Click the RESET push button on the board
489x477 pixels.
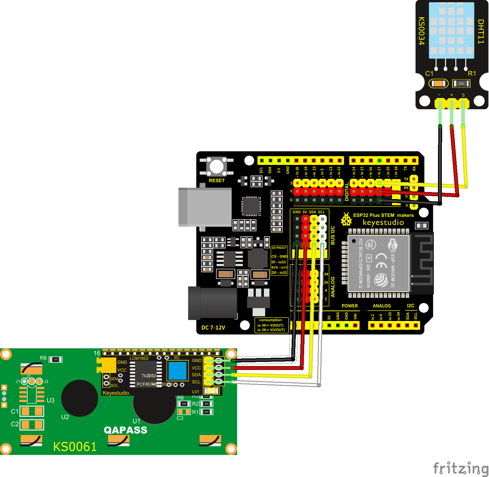(217, 167)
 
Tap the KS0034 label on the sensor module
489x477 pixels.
(422, 31)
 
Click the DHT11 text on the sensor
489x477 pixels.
(480, 31)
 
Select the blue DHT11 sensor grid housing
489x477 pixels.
(451, 30)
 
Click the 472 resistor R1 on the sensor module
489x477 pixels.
(461, 84)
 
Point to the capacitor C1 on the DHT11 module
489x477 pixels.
(438, 84)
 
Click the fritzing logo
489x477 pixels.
(461, 468)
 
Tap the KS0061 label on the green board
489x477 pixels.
(75, 447)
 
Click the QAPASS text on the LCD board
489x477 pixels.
(125, 430)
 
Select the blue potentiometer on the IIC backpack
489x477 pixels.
(177, 371)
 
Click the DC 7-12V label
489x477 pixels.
(213, 328)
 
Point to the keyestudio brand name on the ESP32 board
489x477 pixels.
(383, 222)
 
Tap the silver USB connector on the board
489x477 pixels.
(205, 207)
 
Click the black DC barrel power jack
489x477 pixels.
(213, 303)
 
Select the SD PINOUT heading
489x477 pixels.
(279, 248)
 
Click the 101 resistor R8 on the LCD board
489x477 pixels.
(56, 359)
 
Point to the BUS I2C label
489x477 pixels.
(332, 235)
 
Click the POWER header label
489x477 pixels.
(349, 306)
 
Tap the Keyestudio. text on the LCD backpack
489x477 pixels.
(116, 393)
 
